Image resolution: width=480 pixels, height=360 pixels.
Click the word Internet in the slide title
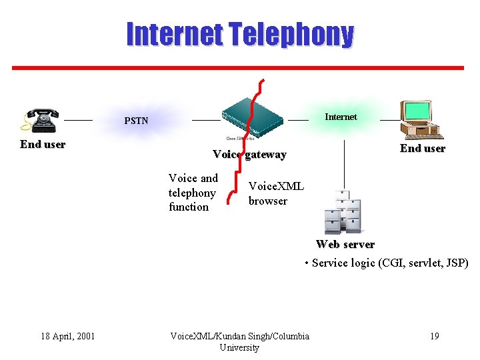(175, 34)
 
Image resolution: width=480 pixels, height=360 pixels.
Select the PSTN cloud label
(136, 121)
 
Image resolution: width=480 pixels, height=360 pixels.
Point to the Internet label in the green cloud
(340, 117)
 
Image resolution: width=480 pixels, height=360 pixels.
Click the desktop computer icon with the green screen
(418, 117)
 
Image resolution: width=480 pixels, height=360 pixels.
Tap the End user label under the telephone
(43, 144)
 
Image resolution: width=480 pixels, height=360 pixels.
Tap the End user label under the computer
(422, 148)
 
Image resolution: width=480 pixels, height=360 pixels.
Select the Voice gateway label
(249, 155)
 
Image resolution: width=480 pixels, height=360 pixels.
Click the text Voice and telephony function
(193, 193)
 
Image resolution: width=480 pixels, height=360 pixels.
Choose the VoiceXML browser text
(275, 193)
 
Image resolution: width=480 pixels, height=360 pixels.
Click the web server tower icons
(343, 211)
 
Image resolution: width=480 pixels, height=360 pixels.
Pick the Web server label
(345, 244)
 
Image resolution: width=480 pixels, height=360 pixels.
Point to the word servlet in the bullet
(418, 263)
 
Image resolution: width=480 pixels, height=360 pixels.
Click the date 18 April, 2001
(67, 336)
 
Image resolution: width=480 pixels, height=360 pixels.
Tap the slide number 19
(434, 336)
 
